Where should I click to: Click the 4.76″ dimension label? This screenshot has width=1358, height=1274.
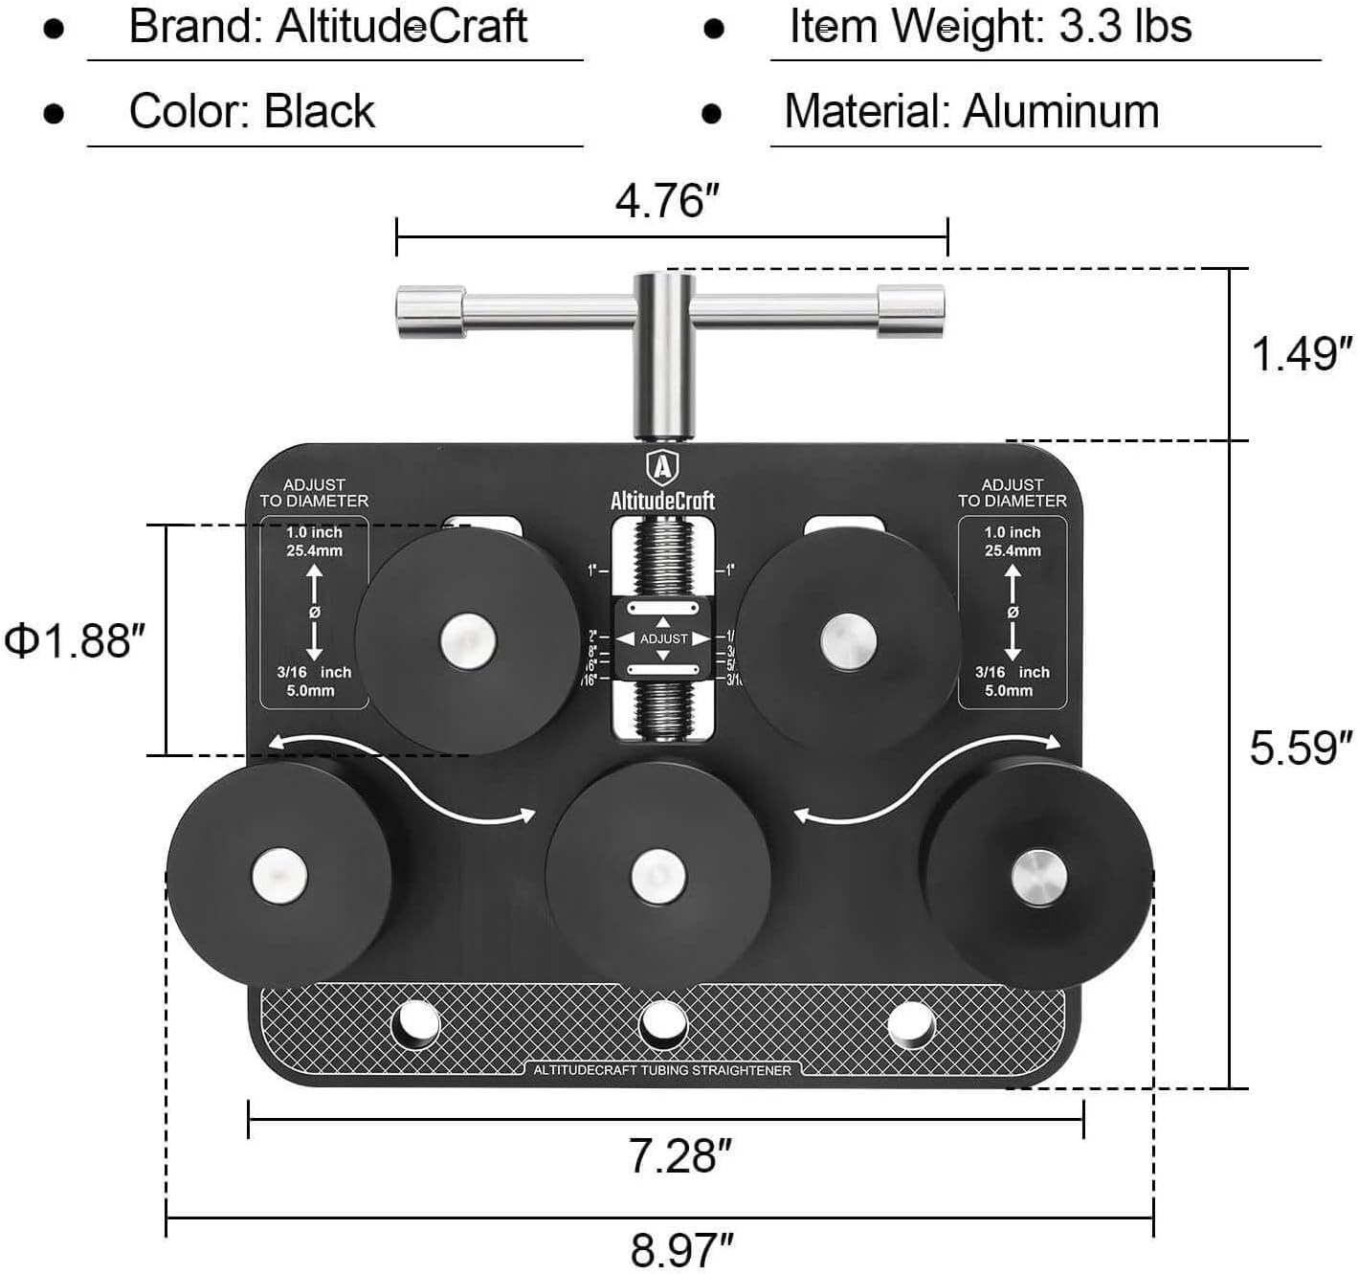click(x=667, y=202)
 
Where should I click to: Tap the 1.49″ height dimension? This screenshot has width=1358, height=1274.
click(x=1302, y=354)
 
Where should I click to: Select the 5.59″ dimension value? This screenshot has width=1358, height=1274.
click(x=1302, y=748)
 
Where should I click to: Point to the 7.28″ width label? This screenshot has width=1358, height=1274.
click(x=679, y=1156)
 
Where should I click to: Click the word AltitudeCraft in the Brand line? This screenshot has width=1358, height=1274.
click(x=402, y=27)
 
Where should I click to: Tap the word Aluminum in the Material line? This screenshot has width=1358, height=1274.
click(x=1061, y=112)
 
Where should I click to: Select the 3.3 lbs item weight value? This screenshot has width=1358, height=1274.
click(x=1125, y=27)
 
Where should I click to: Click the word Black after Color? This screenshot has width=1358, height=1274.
click(x=319, y=112)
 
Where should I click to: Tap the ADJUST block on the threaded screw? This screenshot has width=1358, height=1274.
click(x=663, y=638)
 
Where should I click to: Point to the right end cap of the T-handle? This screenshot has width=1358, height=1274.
click(x=911, y=311)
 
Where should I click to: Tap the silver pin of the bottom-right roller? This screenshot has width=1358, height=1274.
click(x=1038, y=876)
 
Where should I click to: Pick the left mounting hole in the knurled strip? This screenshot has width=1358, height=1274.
click(x=415, y=1024)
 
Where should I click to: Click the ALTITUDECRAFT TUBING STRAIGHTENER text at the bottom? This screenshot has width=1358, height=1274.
click(x=662, y=1070)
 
